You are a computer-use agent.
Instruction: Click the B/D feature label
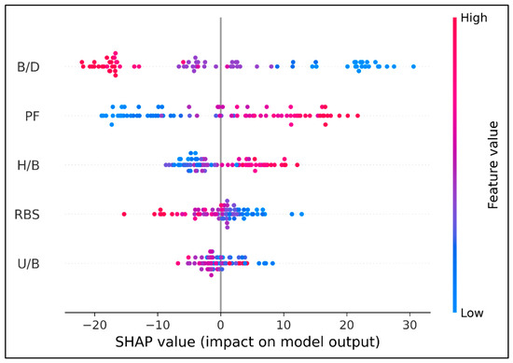point(29,67)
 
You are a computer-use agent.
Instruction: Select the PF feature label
point(33,116)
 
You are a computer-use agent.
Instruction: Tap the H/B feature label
point(29,165)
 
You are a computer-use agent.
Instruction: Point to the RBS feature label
point(27,215)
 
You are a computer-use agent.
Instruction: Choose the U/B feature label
point(29,263)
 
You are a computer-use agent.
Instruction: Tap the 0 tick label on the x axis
point(221,325)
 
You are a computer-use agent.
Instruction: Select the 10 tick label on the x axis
point(284,325)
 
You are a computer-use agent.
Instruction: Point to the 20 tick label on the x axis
point(347,325)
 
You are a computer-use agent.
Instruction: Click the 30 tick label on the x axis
point(409,325)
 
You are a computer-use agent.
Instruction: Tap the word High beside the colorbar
point(474,18)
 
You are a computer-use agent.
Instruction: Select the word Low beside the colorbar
point(472,313)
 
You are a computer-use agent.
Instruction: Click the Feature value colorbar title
point(492,165)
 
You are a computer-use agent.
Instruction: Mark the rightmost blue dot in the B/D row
point(413,67)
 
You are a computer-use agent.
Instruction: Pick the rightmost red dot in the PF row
point(357,116)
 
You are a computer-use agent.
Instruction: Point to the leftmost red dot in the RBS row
point(124,214)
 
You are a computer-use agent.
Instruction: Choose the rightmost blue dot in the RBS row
point(301,214)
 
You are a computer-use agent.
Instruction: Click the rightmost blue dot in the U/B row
point(272,263)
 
